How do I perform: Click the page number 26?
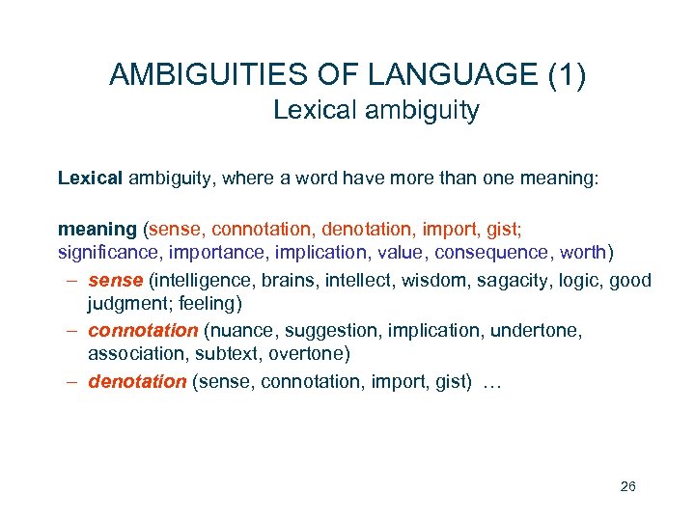coord(627,486)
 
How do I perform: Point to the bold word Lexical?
coord(90,178)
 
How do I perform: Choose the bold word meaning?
coord(97,230)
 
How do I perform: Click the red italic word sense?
coord(115,281)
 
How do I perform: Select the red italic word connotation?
coord(143,331)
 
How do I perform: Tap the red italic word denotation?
coord(137,381)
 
